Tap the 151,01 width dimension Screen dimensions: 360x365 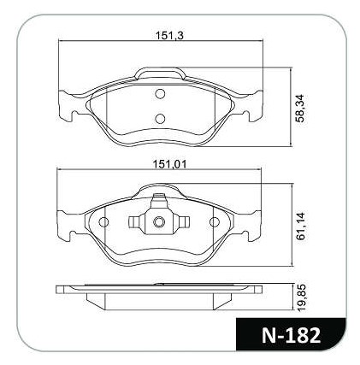(169, 164)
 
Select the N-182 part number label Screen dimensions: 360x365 (291, 336)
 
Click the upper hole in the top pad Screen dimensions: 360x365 (160, 94)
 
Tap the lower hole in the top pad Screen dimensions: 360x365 (160, 119)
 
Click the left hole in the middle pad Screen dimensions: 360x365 (103, 222)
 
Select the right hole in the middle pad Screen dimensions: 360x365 (215, 222)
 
